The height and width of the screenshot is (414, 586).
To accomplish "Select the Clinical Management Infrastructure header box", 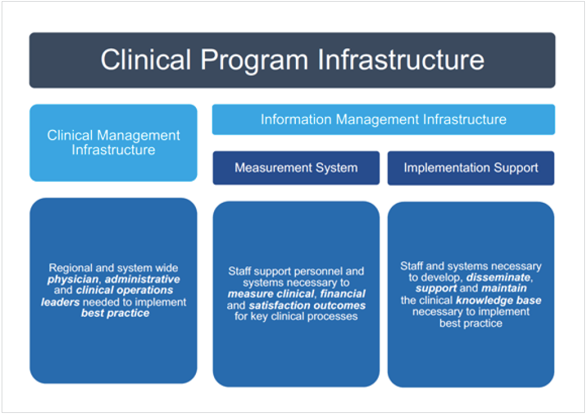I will coord(114,143).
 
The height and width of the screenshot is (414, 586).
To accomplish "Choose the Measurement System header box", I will coord(296,168).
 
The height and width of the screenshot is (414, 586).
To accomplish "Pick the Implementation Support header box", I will coord(471,168).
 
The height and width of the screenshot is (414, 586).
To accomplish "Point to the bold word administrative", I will coord(143,279).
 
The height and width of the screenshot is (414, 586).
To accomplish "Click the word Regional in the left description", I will coord(70,268).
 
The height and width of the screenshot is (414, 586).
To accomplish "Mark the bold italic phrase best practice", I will coord(115,313).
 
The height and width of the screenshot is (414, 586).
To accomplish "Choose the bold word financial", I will coord(342,294).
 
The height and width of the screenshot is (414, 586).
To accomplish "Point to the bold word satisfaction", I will coord(278,306).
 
